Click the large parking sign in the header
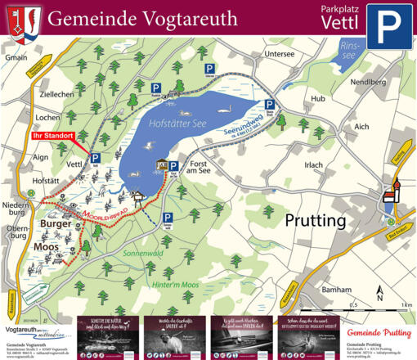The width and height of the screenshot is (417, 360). coord(389,26)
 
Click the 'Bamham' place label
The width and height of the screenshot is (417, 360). coord(336,290)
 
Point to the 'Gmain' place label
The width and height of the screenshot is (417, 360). coord(16,58)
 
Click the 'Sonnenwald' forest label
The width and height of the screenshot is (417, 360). coord(143,254)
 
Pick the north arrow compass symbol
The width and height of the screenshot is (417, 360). coord(379,291)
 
